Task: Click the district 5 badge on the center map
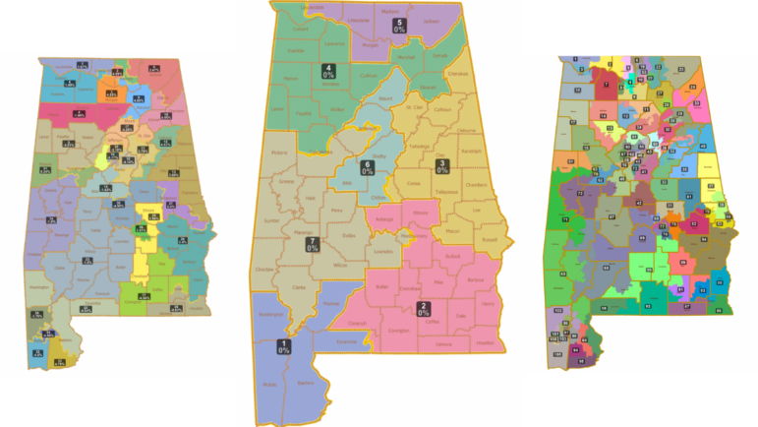398,26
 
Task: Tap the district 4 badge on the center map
327,72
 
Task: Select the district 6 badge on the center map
367,167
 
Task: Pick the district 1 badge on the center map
283,345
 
